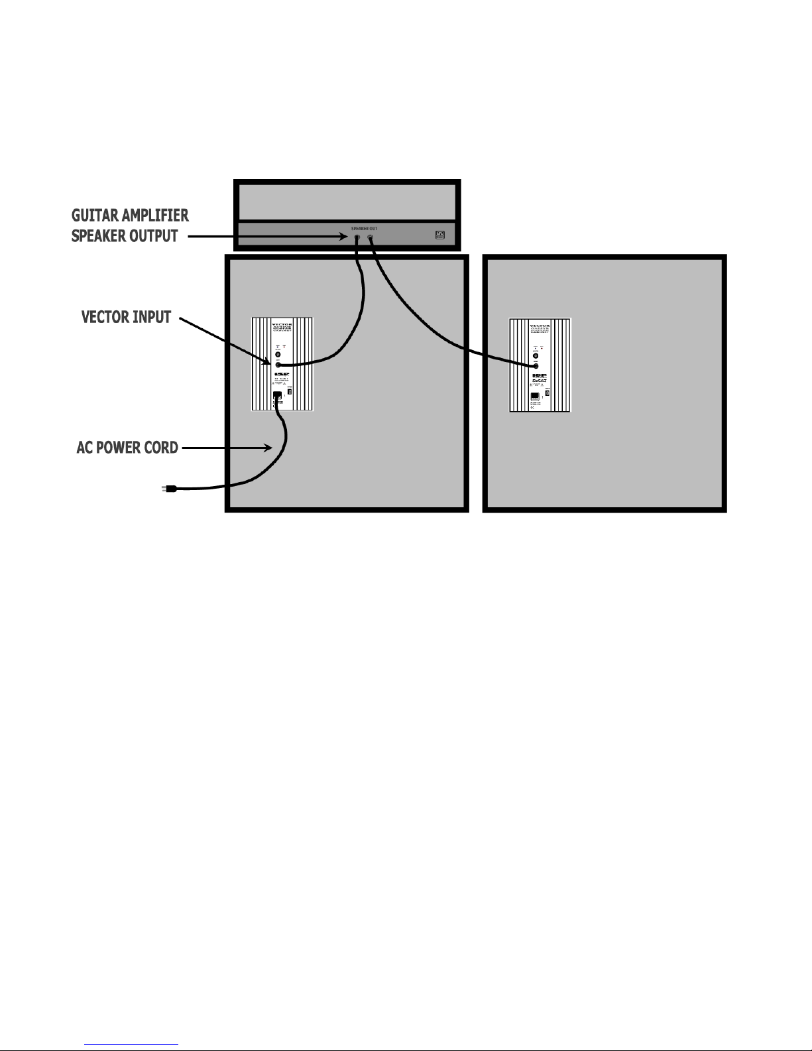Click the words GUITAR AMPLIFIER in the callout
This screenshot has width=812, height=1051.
[x=130, y=216]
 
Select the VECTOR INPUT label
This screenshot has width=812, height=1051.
[x=126, y=317]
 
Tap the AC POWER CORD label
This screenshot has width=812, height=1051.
[x=127, y=448]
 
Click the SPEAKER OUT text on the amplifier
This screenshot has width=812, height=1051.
[x=364, y=228]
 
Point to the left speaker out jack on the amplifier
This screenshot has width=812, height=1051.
[x=357, y=237]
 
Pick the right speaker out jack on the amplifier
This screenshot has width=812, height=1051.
[x=370, y=237]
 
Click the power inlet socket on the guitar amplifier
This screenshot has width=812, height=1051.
[x=439, y=235]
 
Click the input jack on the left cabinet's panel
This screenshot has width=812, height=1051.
[x=278, y=365]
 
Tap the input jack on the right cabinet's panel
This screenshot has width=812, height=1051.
[x=535, y=365]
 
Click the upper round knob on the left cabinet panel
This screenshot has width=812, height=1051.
[x=278, y=355]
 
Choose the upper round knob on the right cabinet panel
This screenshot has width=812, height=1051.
[x=535, y=356]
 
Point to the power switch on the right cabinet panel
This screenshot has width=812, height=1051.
[x=548, y=393]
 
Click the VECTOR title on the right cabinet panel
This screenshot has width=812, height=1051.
[x=539, y=326]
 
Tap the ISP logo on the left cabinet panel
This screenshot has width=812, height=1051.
[x=280, y=375]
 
